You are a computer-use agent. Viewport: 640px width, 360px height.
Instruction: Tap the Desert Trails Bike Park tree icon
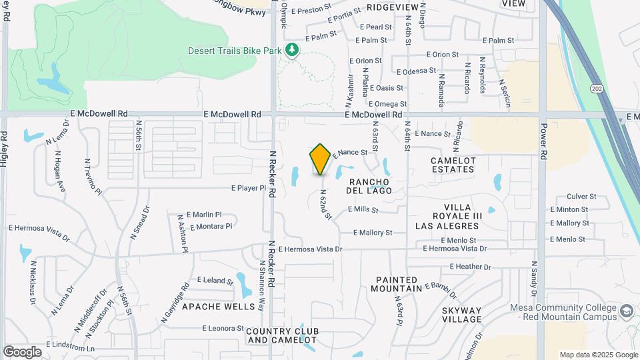[291, 50]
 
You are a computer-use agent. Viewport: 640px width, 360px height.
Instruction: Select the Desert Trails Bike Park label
[235, 51]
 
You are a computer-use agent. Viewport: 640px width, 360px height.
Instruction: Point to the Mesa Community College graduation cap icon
[627, 311]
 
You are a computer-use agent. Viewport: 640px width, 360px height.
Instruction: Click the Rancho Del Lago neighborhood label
[369, 186]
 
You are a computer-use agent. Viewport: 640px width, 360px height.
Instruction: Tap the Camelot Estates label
[462, 165]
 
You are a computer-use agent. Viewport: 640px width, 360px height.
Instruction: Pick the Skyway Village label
[461, 315]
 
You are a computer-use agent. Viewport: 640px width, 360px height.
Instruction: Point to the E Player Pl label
[249, 189]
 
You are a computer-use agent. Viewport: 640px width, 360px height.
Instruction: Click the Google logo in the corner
[22, 351]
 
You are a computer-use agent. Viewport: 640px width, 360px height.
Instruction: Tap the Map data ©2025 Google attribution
[598, 355]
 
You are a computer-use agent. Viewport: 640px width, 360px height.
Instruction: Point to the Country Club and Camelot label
[282, 335]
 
